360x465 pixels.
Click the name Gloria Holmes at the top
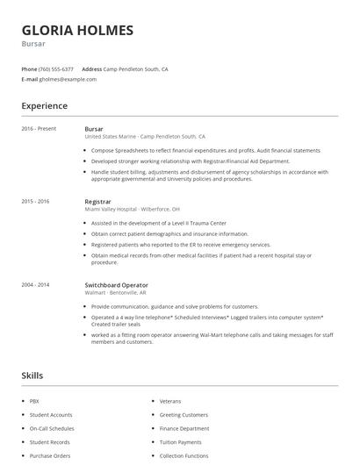(77, 30)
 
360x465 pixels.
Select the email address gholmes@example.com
(68, 79)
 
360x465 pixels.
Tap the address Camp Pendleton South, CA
(136, 68)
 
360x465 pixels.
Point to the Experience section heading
(44, 106)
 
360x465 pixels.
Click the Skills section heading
(32, 376)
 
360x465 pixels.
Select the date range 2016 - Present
(39, 129)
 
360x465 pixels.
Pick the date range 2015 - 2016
(35, 202)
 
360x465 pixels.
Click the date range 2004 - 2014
(35, 285)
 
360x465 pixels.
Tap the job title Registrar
(97, 202)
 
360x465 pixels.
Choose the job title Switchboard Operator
(116, 285)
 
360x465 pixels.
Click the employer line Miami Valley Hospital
(132, 210)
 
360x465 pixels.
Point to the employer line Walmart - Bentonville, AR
(120, 293)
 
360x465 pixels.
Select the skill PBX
(34, 401)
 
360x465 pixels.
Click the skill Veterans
(169, 401)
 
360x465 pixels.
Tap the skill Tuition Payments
(180, 442)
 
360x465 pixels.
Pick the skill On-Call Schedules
(52, 428)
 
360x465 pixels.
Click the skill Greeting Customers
(184, 414)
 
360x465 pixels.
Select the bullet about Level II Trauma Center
(164, 224)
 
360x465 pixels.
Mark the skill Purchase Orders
(49, 456)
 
